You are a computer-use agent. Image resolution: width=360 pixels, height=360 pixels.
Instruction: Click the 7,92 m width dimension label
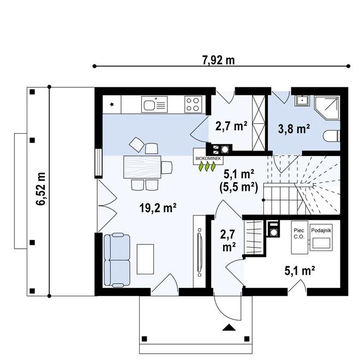[x=219, y=61]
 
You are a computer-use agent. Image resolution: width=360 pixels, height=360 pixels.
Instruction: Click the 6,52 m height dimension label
[x=41, y=189]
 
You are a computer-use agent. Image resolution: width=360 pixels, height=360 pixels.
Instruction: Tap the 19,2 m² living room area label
[x=158, y=208]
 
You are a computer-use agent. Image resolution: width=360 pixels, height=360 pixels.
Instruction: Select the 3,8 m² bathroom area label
[x=294, y=129]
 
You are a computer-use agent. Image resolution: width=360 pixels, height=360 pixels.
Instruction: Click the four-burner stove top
[x=193, y=105]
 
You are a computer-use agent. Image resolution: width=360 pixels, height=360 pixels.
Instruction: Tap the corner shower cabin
[x=327, y=107]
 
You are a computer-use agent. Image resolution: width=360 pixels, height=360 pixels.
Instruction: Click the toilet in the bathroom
[x=331, y=136]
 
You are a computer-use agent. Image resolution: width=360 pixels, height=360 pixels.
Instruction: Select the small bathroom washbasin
[x=302, y=101]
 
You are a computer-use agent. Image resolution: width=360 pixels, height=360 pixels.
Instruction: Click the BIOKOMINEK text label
[x=208, y=158]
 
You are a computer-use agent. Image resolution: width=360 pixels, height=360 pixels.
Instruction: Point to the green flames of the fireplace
[x=207, y=166]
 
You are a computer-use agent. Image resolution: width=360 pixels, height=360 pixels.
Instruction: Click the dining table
[x=142, y=167]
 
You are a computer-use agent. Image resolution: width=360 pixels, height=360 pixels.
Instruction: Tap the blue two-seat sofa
[x=117, y=260]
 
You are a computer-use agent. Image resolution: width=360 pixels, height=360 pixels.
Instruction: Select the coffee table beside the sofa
[x=145, y=259]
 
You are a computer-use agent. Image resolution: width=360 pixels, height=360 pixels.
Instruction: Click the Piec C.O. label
[x=299, y=233]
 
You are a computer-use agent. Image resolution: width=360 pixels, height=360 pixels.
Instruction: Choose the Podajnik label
[x=321, y=230]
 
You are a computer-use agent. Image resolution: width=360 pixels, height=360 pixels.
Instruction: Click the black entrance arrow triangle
[x=229, y=327]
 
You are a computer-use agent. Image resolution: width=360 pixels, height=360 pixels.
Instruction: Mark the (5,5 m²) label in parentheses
[x=239, y=188]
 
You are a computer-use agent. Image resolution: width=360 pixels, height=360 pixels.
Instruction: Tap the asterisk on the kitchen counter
[x=112, y=105]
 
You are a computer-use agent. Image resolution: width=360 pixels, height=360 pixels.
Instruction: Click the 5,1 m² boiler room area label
[x=299, y=271]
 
